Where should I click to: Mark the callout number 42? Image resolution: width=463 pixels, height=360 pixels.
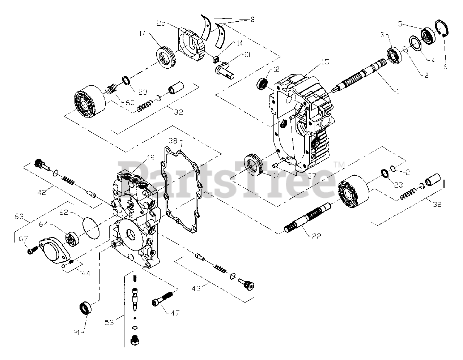(42, 192)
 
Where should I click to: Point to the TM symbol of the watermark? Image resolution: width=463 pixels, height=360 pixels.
(339, 164)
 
